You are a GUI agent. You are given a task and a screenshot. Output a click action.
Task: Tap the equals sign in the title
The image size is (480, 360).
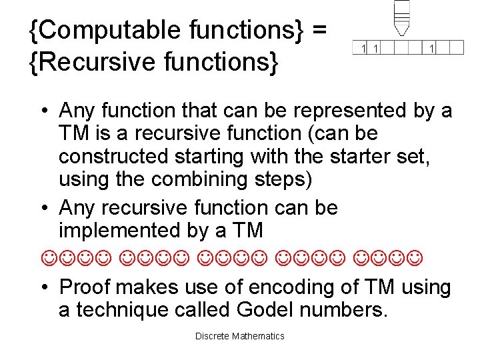pyautogui.click(x=319, y=30)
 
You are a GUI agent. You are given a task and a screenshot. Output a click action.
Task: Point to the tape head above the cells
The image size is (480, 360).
pyautogui.click(x=401, y=17)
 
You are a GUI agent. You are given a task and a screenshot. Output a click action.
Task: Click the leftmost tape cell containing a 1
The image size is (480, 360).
pyautogui.click(x=363, y=47)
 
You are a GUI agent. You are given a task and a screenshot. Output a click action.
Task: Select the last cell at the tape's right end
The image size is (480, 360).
pyautogui.click(x=456, y=47)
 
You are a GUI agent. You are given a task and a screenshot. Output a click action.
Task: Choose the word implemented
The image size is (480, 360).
pyautogui.click(x=120, y=230)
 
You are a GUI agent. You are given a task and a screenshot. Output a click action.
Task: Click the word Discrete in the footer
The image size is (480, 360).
pyautogui.click(x=212, y=336)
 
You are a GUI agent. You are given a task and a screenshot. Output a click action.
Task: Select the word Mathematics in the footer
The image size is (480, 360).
pyautogui.click(x=258, y=336)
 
